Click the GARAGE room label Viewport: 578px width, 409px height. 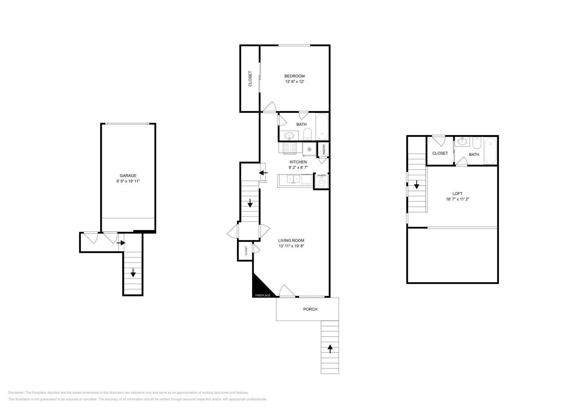(128, 176)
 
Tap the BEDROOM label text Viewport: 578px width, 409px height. (294, 76)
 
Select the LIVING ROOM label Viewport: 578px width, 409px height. (291, 241)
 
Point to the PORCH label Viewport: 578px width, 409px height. (310, 309)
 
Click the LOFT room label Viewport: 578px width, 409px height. (457, 194)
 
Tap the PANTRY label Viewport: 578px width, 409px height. (324, 150)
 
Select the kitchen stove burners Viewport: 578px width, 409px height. (290, 148)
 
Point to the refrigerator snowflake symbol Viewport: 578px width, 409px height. (309, 149)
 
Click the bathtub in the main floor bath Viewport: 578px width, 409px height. (322, 127)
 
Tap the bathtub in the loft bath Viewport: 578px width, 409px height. (490, 151)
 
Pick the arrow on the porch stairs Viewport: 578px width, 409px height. (330, 349)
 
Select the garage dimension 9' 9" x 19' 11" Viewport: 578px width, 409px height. (128, 181)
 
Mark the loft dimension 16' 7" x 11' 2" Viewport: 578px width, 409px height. (457, 199)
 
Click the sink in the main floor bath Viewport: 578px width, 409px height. (289, 135)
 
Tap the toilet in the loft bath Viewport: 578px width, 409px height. (477, 143)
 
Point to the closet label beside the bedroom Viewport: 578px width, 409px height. (250, 79)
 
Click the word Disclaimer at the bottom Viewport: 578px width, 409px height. (16, 392)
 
